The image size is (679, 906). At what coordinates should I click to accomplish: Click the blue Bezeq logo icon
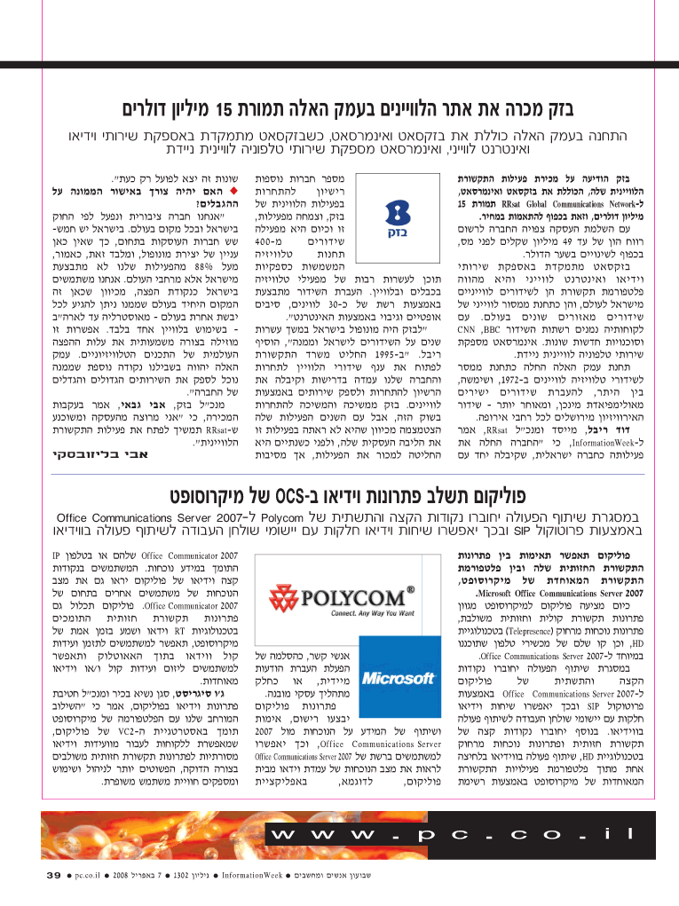pos(388,212)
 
